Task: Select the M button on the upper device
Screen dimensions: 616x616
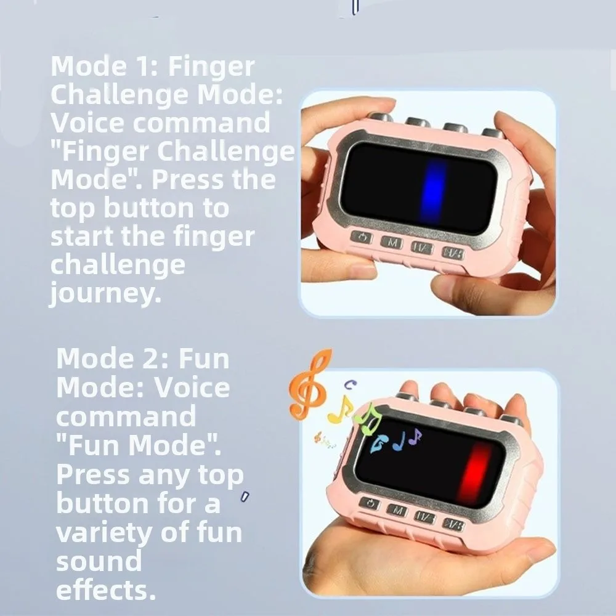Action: pyautogui.click(x=391, y=242)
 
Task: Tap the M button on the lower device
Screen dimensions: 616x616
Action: pyautogui.click(x=397, y=509)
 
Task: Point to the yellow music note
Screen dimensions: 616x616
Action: pyautogui.click(x=340, y=410)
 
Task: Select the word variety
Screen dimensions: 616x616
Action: pyautogui.click(x=102, y=532)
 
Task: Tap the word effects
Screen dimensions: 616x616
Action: pyautogui.click(x=105, y=590)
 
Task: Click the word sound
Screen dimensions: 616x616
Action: pyautogui.click(x=99, y=561)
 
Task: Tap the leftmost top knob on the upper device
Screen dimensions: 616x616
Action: pyautogui.click(x=380, y=116)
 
